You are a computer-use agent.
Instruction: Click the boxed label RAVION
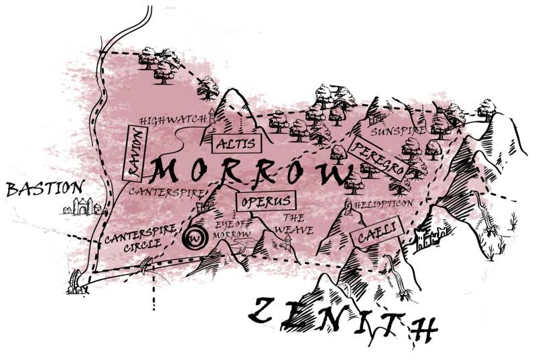(x=136, y=154)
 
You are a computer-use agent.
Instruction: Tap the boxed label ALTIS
(x=226, y=143)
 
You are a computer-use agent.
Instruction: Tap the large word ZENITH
(x=342, y=321)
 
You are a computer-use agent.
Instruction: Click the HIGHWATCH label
(x=173, y=119)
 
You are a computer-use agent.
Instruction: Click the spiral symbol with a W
(x=195, y=237)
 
